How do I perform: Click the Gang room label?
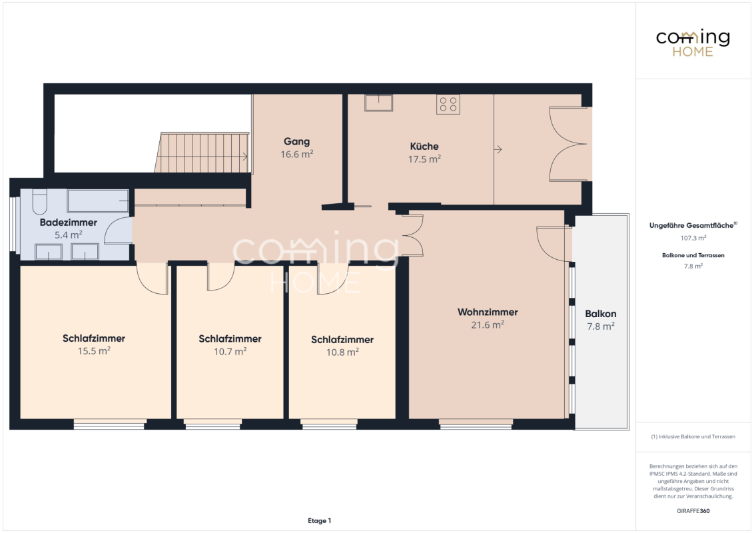[296, 141]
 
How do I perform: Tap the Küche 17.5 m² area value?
[424, 159]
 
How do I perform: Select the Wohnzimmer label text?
[488, 312]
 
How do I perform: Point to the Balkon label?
[601, 314]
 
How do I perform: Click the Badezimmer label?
[69, 223]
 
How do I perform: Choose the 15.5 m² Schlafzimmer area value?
[95, 350]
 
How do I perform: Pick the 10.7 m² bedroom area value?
[230, 351]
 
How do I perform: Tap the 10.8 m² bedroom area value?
[342, 352]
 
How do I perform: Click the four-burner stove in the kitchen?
[448, 104]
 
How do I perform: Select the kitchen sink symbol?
[378, 103]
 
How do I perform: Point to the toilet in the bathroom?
[40, 202]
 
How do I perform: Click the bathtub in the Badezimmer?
[98, 201]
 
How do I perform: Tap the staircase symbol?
[202, 153]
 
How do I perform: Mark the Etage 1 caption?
[319, 520]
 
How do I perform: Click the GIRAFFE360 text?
[693, 511]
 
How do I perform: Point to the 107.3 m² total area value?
[693, 238]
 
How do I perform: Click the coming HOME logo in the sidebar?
[693, 43]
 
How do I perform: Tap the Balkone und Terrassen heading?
[693, 255]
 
